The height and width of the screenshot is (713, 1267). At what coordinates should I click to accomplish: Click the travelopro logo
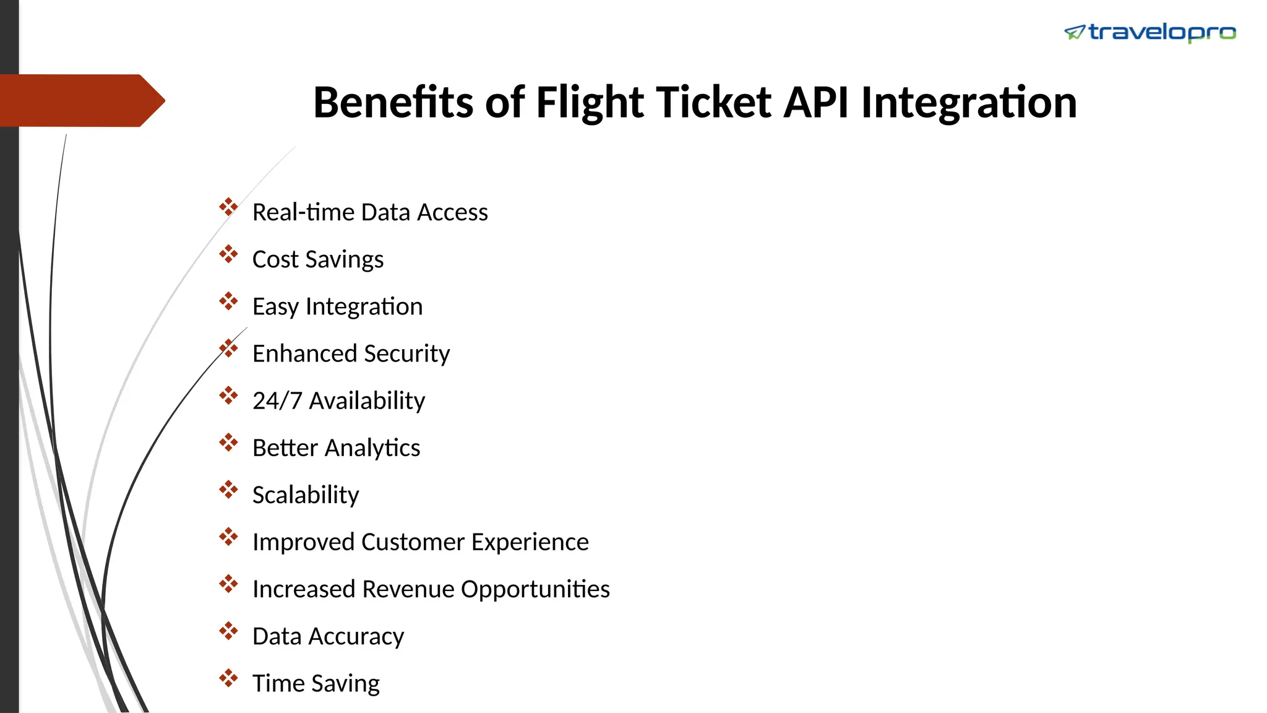pyautogui.click(x=1149, y=32)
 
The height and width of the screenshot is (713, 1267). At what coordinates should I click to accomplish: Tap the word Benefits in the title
pyautogui.click(x=393, y=102)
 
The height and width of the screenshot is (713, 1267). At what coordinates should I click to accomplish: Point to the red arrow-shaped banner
pyautogui.click(x=80, y=100)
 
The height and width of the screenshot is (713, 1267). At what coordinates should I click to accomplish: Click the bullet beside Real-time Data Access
pyautogui.click(x=228, y=207)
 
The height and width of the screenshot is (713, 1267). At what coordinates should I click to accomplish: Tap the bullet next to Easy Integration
pyautogui.click(x=228, y=301)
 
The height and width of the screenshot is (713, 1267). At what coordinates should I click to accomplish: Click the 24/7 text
pyautogui.click(x=277, y=401)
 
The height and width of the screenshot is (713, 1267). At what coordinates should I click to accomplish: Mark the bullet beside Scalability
pyautogui.click(x=228, y=490)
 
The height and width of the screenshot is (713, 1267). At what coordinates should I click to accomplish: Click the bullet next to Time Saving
pyautogui.click(x=228, y=678)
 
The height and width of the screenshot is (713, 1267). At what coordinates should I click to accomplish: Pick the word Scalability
pyautogui.click(x=306, y=495)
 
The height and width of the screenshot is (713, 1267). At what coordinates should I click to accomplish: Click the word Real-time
pyautogui.click(x=303, y=212)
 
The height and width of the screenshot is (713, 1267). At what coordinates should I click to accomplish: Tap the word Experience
pyautogui.click(x=530, y=542)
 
